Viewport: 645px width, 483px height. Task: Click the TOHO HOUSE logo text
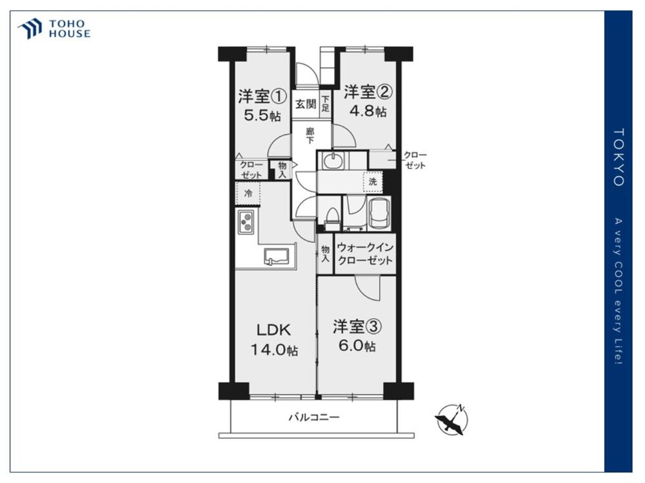tap(70, 29)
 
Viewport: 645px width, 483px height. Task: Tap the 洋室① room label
tap(262, 97)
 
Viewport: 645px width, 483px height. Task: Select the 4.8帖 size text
tap(368, 111)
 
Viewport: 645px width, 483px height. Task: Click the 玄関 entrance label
tap(306, 104)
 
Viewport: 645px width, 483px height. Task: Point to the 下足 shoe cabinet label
tap(325, 104)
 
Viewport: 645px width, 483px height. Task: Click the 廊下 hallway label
tap(310, 135)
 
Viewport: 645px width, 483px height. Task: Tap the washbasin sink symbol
tap(333, 160)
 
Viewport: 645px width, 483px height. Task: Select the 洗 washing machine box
tap(373, 182)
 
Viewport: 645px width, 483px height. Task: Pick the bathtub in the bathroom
tap(380, 212)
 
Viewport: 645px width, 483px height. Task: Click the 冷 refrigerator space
tap(248, 193)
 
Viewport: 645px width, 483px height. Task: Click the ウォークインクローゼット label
tap(365, 254)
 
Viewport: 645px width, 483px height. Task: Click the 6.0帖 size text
tap(357, 346)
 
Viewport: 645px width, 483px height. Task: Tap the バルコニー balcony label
tap(314, 418)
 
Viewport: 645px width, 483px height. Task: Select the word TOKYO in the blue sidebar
tap(619, 157)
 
